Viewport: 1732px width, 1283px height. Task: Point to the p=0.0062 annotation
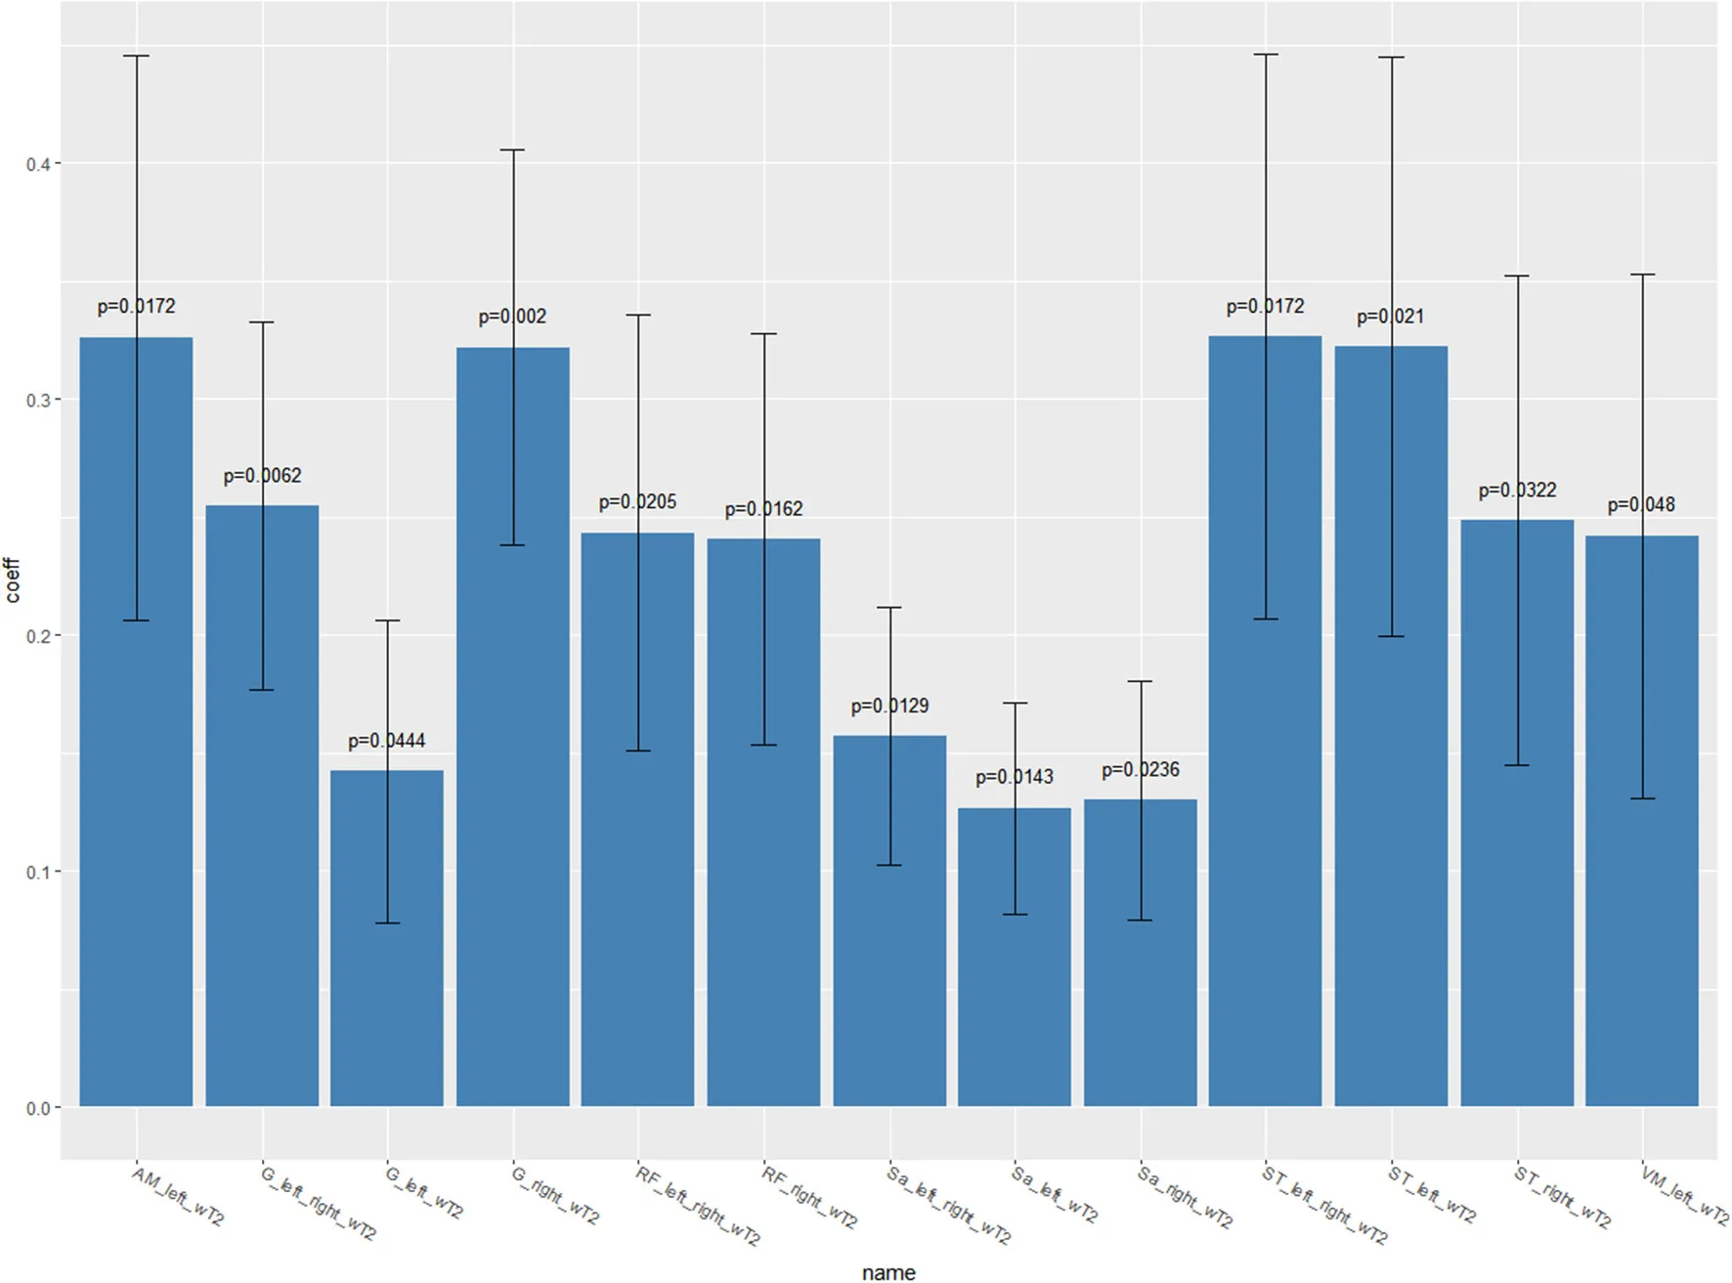click(262, 476)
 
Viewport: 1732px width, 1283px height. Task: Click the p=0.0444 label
click(387, 741)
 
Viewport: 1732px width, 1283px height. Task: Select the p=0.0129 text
click(889, 706)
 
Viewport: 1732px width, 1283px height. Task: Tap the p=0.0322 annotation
click(1517, 490)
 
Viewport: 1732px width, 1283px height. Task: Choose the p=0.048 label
click(1641, 504)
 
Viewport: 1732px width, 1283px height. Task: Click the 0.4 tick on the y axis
click(38, 164)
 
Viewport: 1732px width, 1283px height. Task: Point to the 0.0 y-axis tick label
click(38, 1108)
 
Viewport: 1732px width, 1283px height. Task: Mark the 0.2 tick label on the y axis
click(38, 636)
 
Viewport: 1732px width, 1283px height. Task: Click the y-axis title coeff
click(12, 579)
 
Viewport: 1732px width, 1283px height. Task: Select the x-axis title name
click(888, 1271)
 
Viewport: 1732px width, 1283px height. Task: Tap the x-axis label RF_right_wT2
click(809, 1197)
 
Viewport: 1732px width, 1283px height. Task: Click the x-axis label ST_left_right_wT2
click(1323, 1205)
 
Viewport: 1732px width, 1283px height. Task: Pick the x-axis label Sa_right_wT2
click(1185, 1197)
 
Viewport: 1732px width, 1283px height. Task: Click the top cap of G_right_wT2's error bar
click(513, 150)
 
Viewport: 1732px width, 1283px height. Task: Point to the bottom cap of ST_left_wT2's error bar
click(1391, 636)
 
